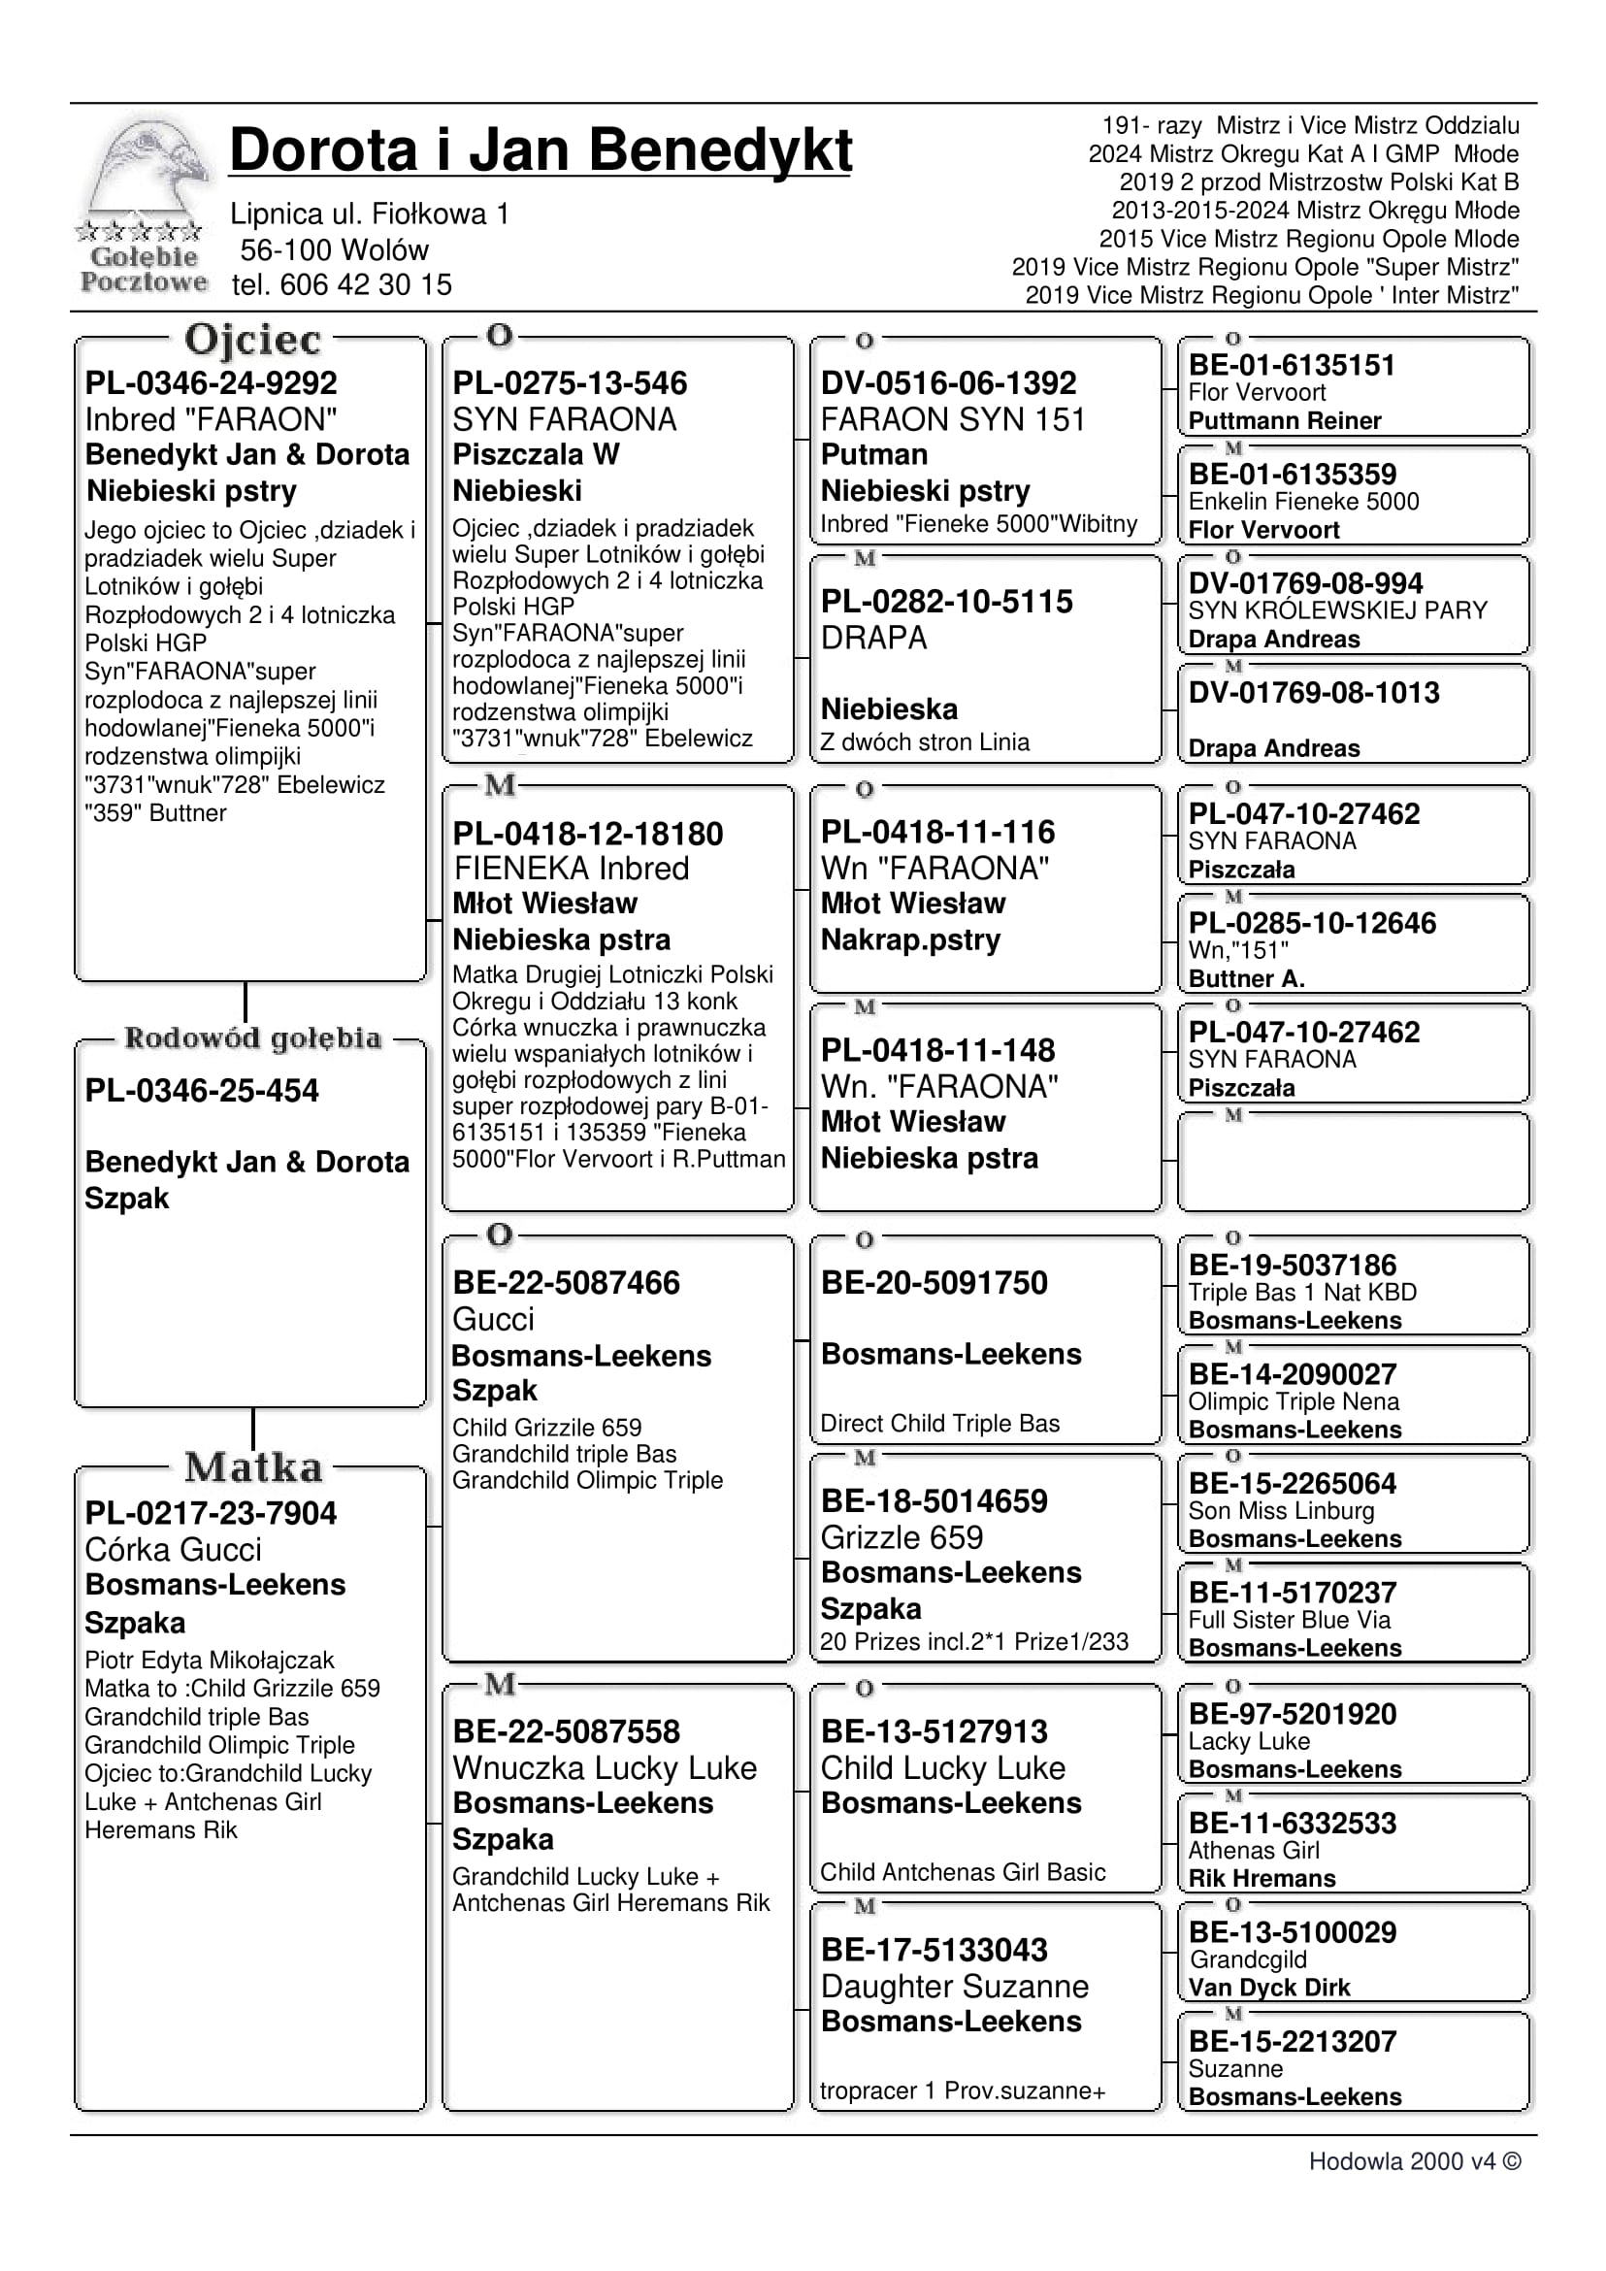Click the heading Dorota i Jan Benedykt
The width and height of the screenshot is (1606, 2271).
click(540, 150)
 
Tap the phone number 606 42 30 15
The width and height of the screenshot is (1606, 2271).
click(365, 285)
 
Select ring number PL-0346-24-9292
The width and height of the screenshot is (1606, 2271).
click(211, 382)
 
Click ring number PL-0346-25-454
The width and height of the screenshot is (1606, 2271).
click(202, 1090)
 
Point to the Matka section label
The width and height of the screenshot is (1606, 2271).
click(253, 1466)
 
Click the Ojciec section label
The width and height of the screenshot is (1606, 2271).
click(252, 340)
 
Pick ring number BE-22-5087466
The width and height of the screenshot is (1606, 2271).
click(566, 1282)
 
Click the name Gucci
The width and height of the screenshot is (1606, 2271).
click(493, 1319)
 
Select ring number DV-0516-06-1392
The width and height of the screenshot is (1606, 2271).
click(947, 382)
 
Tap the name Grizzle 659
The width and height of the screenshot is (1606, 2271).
click(901, 1537)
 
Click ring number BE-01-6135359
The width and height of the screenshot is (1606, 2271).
click(1292, 474)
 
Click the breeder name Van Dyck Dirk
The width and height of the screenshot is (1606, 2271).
click(1268, 1988)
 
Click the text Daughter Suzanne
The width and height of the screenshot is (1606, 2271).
click(953, 1986)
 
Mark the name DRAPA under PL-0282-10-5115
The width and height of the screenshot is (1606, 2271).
click(873, 638)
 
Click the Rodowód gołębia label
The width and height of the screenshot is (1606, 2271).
click(252, 1037)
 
